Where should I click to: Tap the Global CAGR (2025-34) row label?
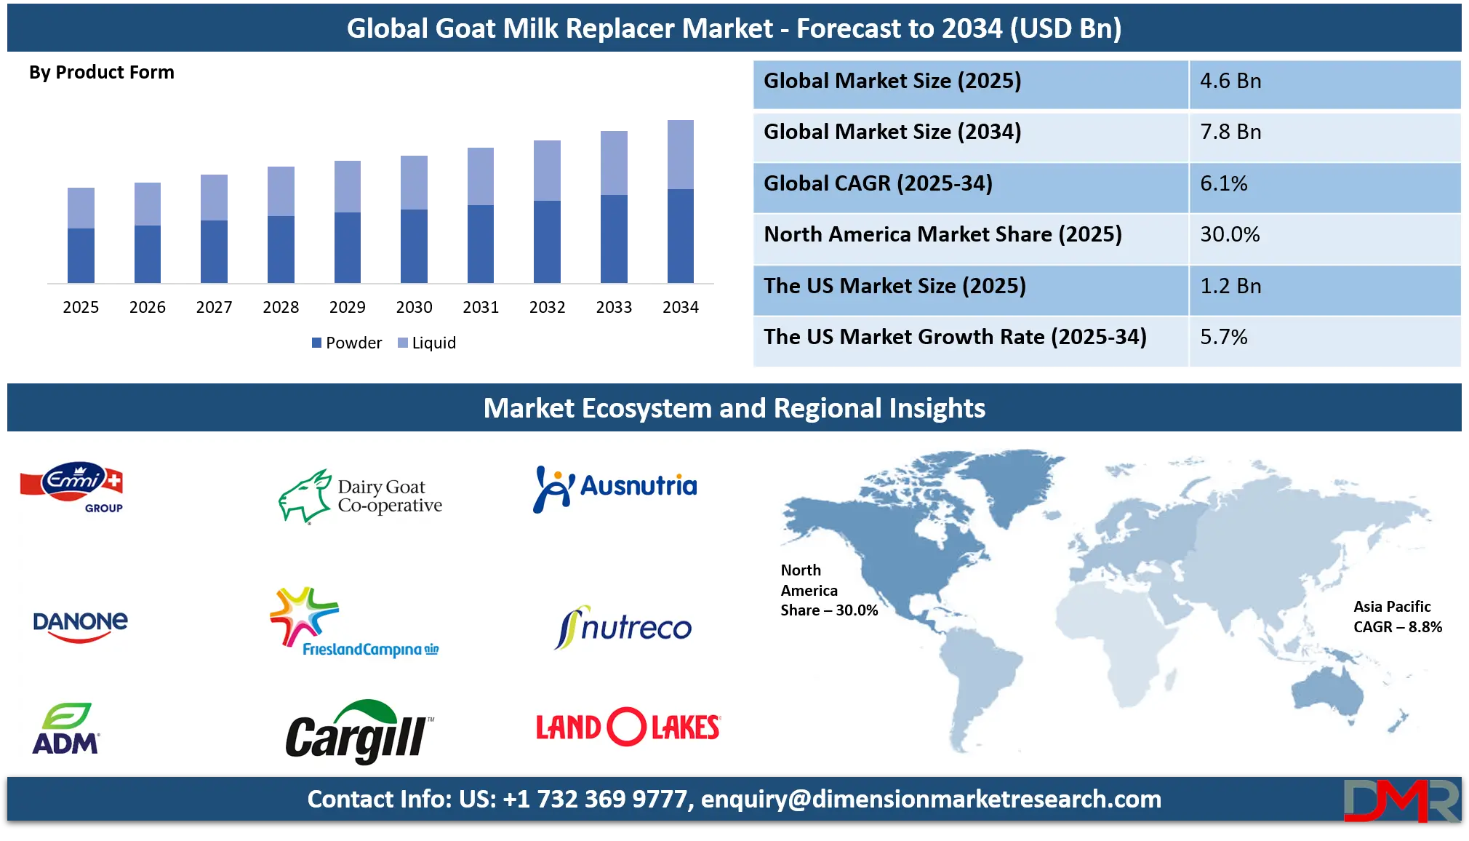(x=878, y=183)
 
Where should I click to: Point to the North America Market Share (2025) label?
(x=942, y=234)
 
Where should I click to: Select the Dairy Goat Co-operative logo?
(x=361, y=496)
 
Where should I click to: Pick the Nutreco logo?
(x=624, y=627)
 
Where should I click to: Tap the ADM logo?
(x=65, y=729)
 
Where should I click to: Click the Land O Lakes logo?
(x=627, y=726)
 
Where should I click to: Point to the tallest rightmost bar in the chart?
(x=681, y=200)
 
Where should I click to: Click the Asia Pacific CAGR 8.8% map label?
(x=1397, y=617)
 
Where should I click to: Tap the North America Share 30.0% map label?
(x=828, y=590)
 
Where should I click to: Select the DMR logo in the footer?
(x=1401, y=800)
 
